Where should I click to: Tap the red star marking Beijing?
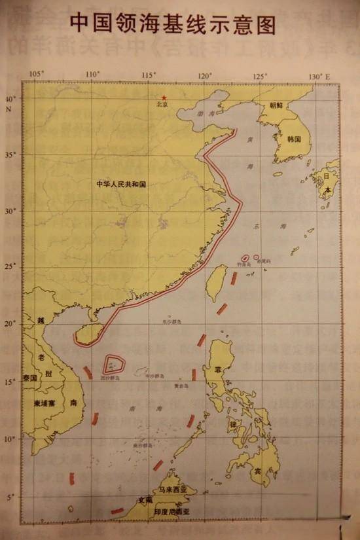click(164, 98)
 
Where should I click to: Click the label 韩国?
click(293, 139)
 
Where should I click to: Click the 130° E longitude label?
click(321, 77)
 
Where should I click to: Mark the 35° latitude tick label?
click(11, 154)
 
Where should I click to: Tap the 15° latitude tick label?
click(11, 382)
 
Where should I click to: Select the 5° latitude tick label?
click(11, 497)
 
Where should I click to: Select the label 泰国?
click(30, 378)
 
